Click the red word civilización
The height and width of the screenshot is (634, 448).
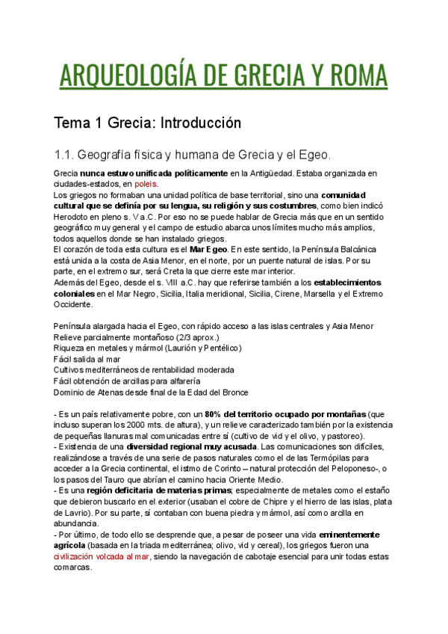(x=81, y=555)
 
